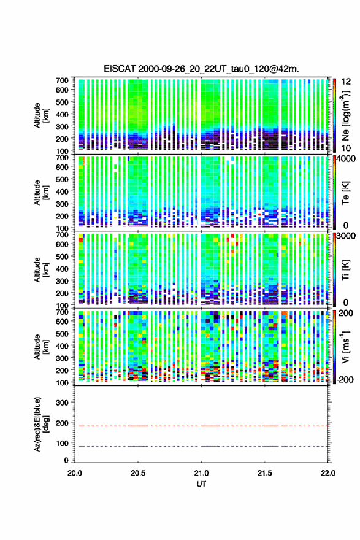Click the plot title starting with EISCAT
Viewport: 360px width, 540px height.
(201, 69)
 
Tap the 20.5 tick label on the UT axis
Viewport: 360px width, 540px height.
(138, 473)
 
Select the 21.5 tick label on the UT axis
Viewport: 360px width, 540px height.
(264, 473)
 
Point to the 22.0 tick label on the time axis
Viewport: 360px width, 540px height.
(328, 473)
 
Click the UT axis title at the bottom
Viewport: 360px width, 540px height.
(201, 484)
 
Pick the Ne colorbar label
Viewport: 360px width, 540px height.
(345, 116)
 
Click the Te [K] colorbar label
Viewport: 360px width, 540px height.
(345, 193)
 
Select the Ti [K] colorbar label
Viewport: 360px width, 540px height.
(345, 270)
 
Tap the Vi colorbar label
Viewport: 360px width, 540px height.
(345, 347)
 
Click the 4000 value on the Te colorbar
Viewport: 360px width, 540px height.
(346, 158)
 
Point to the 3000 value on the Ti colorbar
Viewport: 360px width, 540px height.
(346, 236)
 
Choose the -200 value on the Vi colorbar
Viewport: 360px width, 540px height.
(345, 379)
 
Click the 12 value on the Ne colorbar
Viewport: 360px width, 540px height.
(346, 82)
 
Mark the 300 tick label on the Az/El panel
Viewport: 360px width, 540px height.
(61, 403)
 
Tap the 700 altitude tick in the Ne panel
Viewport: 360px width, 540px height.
(62, 80)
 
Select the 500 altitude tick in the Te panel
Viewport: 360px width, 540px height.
(62, 179)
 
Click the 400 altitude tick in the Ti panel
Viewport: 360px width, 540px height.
(62, 269)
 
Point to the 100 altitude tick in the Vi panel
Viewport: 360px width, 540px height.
(62, 383)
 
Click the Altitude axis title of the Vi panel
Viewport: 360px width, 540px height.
(40, 347)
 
